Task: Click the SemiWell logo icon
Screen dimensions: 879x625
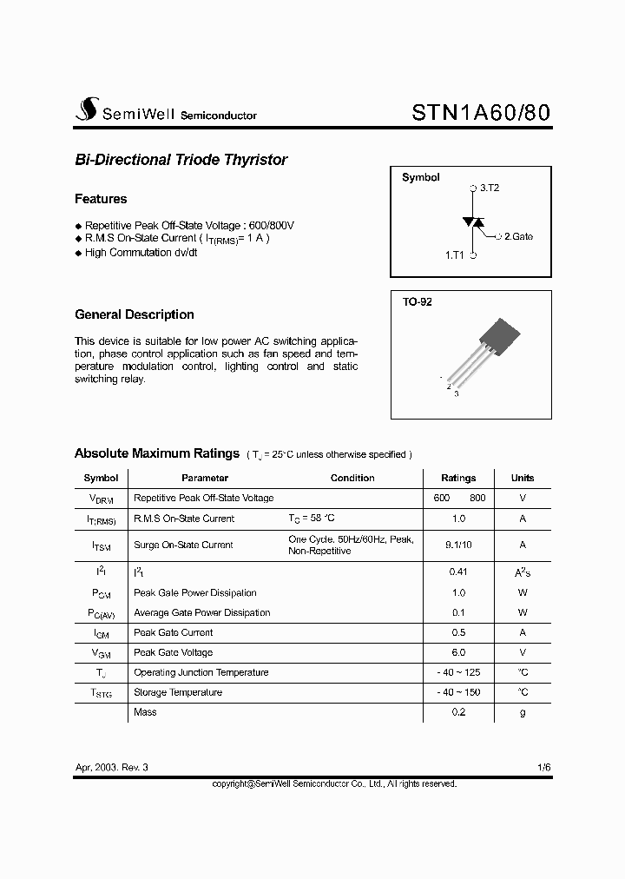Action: (x=85, y=109)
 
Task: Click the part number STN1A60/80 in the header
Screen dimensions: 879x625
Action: (x=479, y=113)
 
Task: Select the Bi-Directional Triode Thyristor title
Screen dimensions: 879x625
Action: (x=181, y=160)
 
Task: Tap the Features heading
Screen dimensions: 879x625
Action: (x=101, y=199)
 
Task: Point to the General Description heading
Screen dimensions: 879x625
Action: (x=135, y=314)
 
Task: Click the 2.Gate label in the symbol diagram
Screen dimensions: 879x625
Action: (x=518, y=236)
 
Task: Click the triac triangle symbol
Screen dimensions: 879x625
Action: (x=473, y=222)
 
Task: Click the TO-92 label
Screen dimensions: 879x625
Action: (x=417, y=302)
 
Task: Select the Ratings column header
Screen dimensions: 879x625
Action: (x=458, y=478)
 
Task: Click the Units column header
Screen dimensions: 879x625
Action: (x=523, y=478)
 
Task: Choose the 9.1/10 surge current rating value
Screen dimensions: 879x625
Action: (x=458, y=545)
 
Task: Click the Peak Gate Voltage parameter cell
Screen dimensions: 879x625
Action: (x=173, y=652)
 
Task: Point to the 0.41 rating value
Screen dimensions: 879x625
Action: (x=458, y=572)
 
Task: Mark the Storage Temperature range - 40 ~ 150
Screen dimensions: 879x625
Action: (x=458, y=692)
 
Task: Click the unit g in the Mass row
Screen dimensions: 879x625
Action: (x=523, y=712)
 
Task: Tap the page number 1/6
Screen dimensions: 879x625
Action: (x=544, y=768)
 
